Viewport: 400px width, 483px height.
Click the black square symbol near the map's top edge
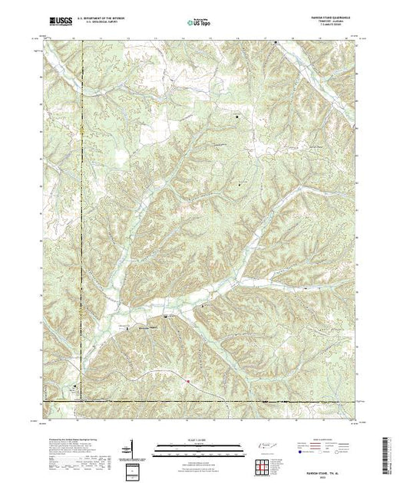[276, 53]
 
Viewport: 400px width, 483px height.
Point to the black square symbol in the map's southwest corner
[74, 386]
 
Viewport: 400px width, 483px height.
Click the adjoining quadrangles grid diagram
[263, 465]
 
